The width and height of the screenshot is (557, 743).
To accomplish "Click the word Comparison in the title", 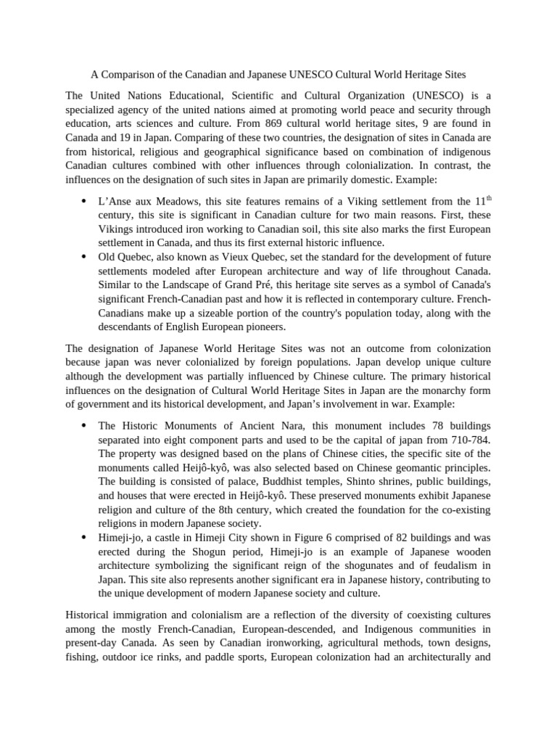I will (128, 74).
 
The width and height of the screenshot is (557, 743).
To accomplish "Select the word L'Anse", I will (114, 201).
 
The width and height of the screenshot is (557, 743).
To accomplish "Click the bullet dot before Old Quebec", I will (84, 258).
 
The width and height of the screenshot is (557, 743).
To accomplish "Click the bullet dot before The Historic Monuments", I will (84, 426).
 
